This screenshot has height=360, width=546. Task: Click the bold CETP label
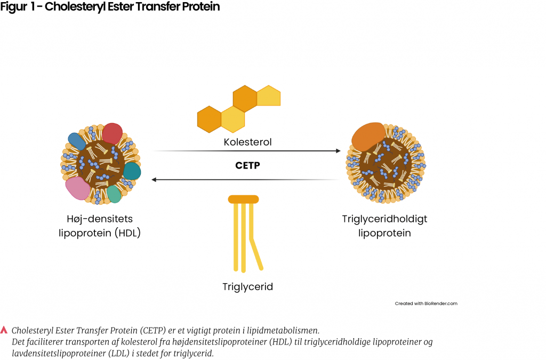247,165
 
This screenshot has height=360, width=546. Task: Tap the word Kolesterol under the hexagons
247,142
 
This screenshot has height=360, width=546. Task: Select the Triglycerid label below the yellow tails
247,287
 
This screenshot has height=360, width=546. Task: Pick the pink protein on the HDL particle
77,188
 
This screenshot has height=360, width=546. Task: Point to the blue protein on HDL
77,140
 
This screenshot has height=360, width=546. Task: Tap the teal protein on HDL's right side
132,171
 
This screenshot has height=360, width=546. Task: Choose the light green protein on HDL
114,194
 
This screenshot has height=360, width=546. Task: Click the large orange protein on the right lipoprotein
368,136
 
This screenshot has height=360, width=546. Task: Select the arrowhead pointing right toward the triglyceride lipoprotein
338,151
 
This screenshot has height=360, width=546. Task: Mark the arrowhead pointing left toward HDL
155,180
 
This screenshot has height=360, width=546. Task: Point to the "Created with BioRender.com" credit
426,303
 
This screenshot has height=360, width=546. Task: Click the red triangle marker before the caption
4,330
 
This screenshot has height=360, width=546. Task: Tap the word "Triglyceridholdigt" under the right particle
384,219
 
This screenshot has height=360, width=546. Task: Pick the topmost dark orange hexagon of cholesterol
245,99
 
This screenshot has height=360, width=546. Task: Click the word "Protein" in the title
199,8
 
